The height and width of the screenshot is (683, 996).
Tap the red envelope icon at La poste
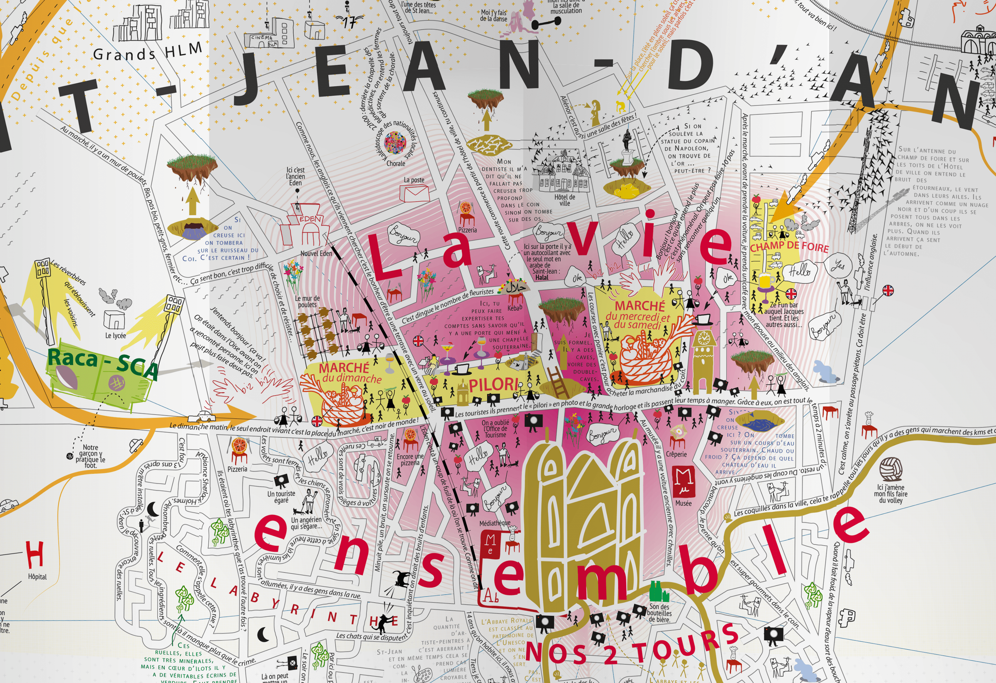point(414,194)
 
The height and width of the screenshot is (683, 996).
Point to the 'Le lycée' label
point(116,335)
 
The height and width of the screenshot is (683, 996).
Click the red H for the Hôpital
point(35,554)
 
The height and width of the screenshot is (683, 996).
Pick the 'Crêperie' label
point(676,454)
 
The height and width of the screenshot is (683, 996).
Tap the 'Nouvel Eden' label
point(316,253)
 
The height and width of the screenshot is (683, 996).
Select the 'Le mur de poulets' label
point(307,301)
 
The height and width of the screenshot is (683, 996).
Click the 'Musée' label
point(683,503)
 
